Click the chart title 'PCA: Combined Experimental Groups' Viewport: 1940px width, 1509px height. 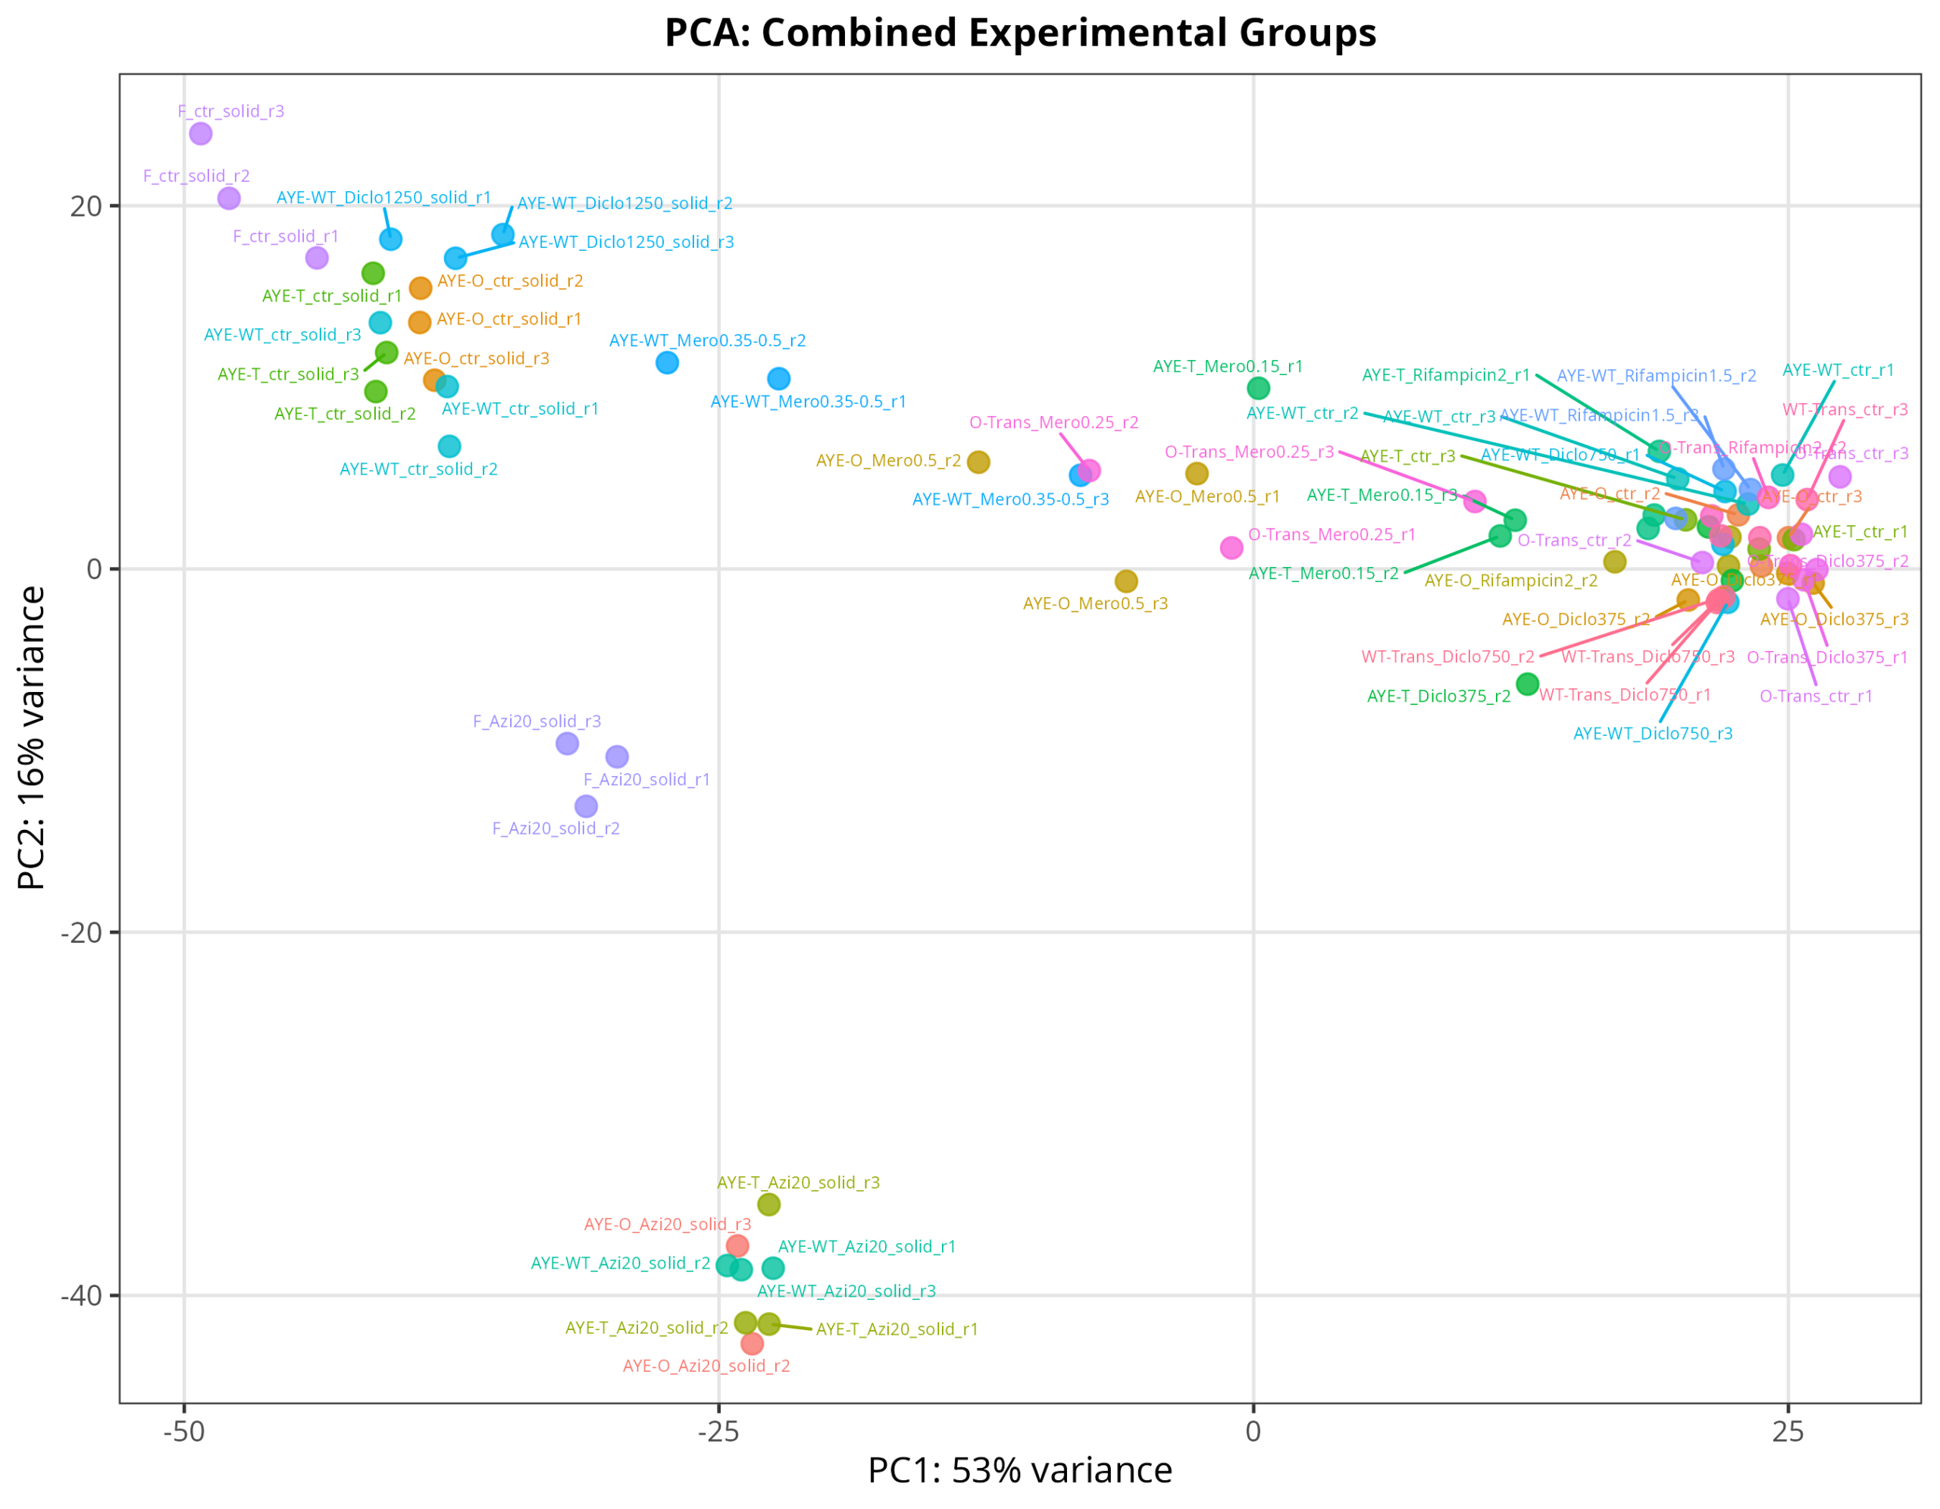1020,33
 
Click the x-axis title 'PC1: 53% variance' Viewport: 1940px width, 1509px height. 1020,1470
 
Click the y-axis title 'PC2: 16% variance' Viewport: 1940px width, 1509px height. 31,737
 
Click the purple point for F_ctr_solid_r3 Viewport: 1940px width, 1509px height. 201,133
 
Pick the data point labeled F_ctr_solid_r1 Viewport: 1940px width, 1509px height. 317,258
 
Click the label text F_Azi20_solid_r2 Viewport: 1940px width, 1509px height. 556,828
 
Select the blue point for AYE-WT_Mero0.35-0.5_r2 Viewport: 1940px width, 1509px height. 667,362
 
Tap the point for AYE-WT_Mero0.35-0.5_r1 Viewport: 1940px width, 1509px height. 779,378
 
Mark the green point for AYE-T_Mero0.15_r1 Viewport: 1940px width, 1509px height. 1258,388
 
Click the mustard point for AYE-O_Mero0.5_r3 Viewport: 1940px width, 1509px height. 1126,581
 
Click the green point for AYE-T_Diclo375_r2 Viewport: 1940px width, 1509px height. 1527,684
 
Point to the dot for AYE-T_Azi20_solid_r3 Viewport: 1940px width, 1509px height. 769,1204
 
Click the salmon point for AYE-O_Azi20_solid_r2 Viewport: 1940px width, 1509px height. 753,1343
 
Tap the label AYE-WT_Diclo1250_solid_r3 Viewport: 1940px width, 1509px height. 626,243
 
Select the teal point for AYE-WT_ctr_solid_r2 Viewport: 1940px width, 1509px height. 449,446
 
